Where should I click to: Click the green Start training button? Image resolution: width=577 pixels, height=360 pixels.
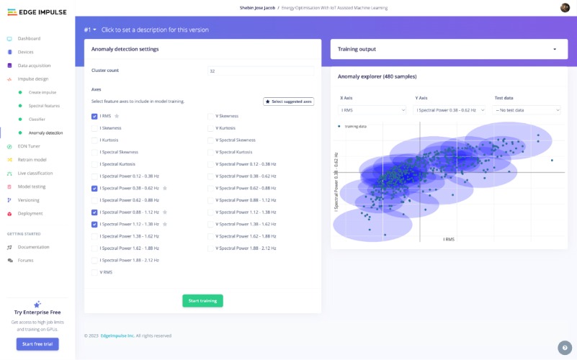click(202, 301)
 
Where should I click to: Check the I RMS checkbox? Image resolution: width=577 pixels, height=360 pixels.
click(95, 116)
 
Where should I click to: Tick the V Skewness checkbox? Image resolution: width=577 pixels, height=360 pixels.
click(211, 116)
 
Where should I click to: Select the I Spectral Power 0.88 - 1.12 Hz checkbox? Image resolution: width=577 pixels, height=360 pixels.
click(95, 212)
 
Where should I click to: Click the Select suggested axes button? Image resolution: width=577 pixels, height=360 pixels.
click(288, 102)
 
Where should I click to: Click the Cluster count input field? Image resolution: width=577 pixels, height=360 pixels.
click(260, 71)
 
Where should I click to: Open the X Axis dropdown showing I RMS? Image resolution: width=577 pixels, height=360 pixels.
click(373, 110)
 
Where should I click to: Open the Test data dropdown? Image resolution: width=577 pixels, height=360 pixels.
click(527, 110)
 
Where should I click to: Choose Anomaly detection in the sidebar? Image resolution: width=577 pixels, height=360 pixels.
click(45, 132)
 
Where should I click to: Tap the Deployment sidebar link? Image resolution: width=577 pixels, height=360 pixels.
click(30, 213)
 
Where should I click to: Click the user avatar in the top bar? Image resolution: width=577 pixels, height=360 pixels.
click(565, 7)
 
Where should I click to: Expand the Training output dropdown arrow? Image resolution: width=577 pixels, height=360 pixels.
click(555, 49)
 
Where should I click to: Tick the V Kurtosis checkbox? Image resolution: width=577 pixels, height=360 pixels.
click(211, 128)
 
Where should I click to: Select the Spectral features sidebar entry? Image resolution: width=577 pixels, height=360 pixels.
click(44, 106)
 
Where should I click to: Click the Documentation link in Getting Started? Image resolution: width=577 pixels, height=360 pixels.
click(33, 247)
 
